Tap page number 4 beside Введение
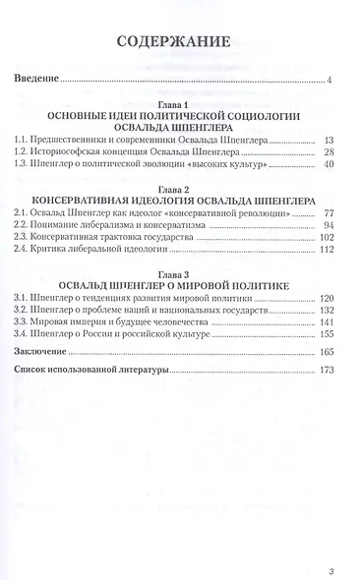point(330,82)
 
